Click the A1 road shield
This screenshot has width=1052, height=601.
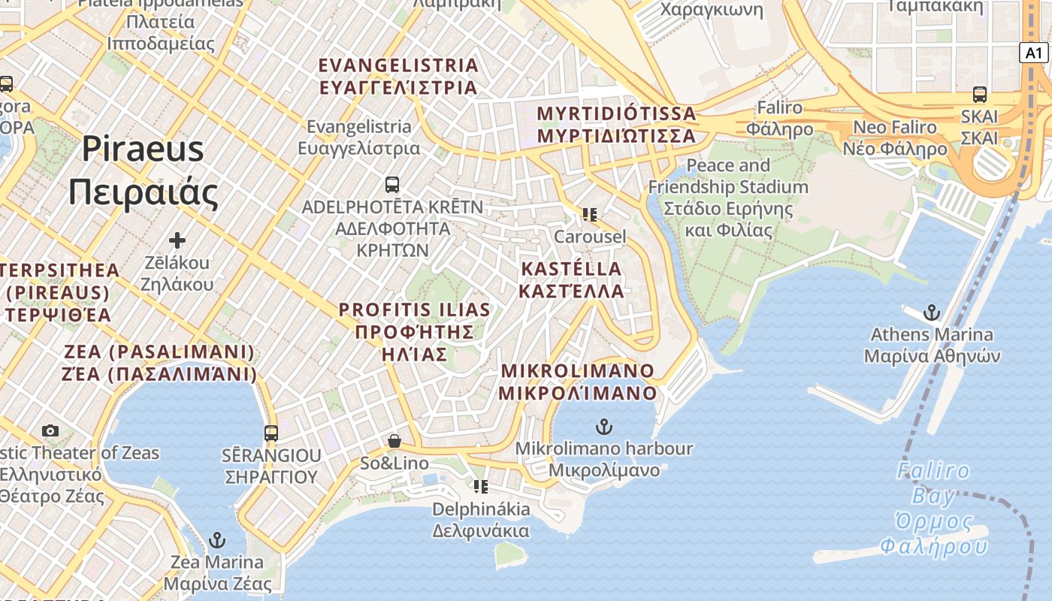click(1034, 53)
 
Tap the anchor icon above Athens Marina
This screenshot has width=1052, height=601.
click(932, 312)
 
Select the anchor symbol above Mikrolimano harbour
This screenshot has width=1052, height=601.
click(603, 427)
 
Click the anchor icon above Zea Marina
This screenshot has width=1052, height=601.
click(216, 540)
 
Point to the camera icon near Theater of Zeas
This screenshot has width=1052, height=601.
click(50, 430)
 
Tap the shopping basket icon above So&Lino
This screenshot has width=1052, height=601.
click(394, 441)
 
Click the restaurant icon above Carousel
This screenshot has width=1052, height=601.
click(589, 215)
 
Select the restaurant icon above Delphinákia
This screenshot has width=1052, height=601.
click(481, 487)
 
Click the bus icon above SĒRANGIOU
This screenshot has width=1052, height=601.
click(271, 433)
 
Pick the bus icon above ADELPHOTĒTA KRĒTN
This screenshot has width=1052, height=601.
click(391, 184)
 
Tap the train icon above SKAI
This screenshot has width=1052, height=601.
click(979, 95)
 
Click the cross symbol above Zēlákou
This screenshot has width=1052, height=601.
click(177, 240)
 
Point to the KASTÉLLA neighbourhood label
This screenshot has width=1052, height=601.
click(573, 279)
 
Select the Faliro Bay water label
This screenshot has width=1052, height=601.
click(933, 508)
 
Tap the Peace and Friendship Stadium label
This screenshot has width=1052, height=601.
click(728, 197)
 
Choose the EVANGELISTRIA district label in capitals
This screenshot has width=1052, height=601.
click(398, 76)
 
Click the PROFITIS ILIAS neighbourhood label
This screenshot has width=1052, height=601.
click(414, 331)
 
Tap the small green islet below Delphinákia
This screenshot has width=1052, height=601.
click(510, 554)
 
